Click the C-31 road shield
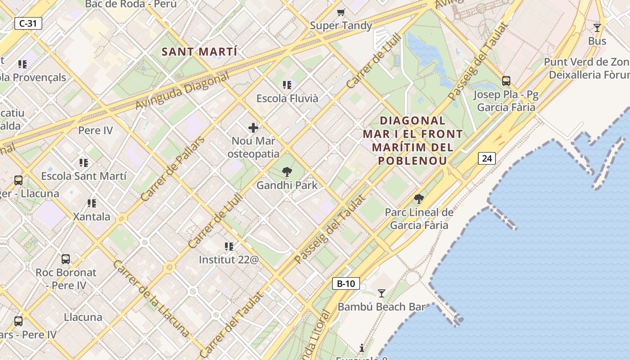click(28, 23)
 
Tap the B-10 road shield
click(346, 283)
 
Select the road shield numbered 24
click(486, 158)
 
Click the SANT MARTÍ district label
click(199, 52)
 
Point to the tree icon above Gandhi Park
click(287, 172)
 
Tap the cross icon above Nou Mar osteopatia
click(253, 128)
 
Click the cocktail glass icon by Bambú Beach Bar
click(382, 293)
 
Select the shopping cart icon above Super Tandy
click(341, 12)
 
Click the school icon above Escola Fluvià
click(287, 85)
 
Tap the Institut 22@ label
click(229, 260)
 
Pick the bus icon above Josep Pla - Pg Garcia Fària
click(506, 81)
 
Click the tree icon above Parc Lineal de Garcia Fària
click(419, 199)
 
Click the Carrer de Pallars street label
click(172, 169)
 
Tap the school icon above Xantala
click(92, 203)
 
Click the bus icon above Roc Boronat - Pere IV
click(66, 259)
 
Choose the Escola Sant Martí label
click(84, 176)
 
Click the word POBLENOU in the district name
click(413, 161)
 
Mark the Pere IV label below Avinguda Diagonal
click(95, 130)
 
